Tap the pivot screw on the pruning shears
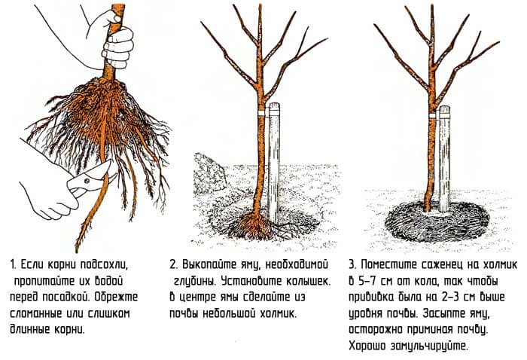tap(87, 181)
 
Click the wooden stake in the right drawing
tap(444, 159)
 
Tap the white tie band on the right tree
tap(434, 115)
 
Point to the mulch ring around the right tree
tap(436, 221)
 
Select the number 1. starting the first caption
tap(13, 265)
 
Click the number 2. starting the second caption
tap(174, 264)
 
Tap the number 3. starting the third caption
tap(352, 264)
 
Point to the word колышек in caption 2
tap(308, 281)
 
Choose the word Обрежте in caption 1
tap(116, 297)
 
